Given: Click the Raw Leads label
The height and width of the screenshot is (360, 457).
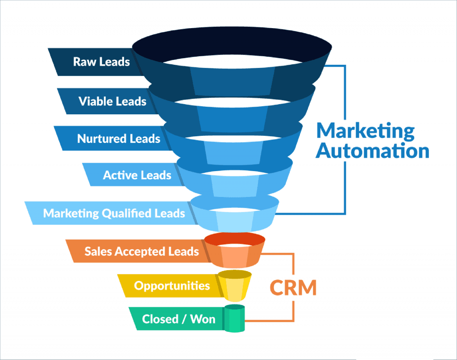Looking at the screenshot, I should pos(101,61).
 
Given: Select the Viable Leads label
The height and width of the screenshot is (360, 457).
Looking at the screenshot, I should pos(112,101).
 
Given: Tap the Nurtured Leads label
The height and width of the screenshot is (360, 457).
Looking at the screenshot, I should pos(118,138).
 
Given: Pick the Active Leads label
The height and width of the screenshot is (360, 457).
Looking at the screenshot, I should pos(137,175).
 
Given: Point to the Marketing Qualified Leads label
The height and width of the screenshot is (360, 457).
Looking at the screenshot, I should pos(114,213).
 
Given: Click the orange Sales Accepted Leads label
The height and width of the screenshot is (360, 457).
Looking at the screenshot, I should pos(141,251).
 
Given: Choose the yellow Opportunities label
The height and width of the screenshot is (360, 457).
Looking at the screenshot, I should pos(172,285).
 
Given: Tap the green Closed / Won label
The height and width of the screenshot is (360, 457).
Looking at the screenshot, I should pos(179,319).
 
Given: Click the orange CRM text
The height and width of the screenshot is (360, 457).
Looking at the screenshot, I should pos(293,288).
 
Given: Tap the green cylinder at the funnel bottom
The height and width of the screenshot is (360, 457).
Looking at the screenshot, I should pos(235,318).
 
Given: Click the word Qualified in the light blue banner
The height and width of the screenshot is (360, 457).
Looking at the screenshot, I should pos(127,213).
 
